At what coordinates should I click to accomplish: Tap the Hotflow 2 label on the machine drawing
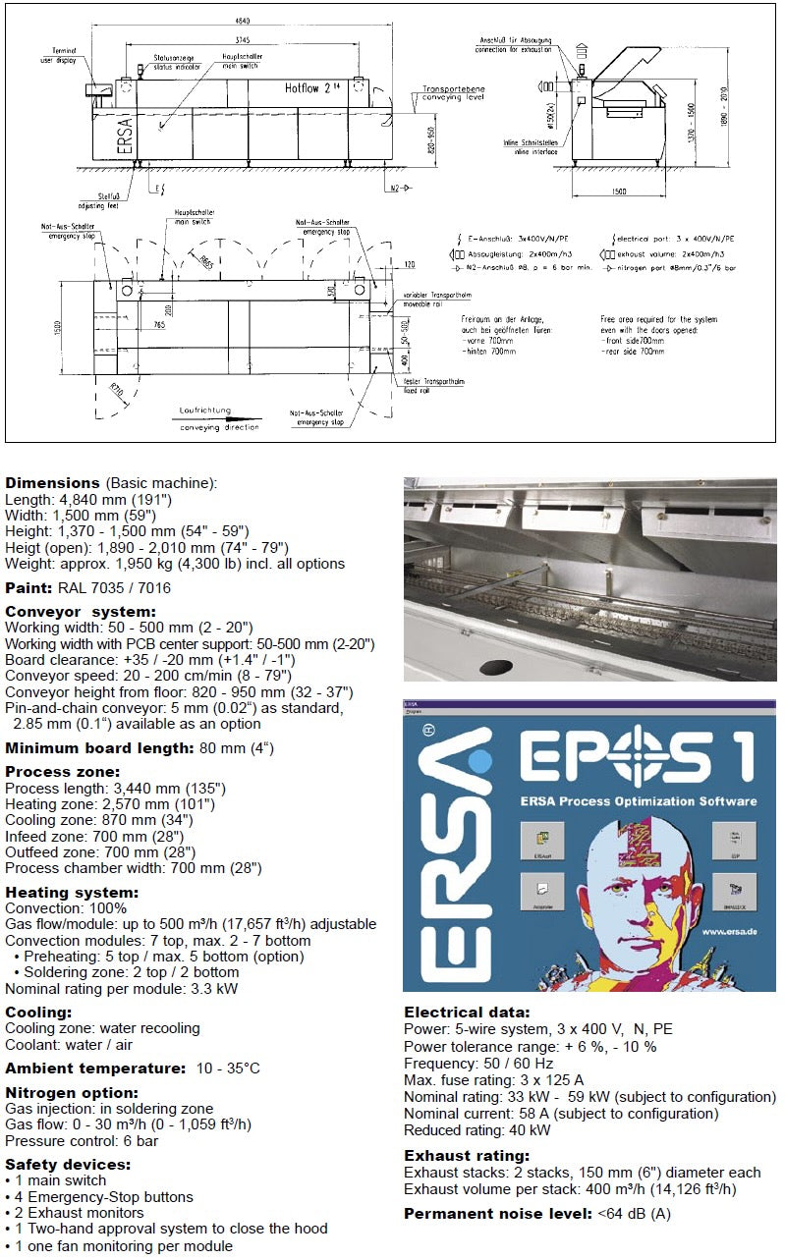tap(309, 87)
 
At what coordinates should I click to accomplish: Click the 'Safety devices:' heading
tap(68, 1164)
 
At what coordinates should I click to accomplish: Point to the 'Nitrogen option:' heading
tap(72, 1092)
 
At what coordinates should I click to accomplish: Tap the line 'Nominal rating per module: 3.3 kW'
tap(121, 988)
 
